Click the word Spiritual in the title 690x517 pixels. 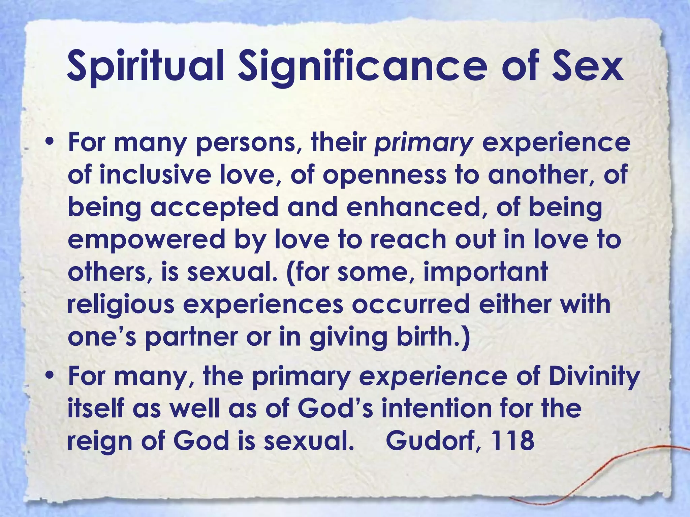click(145, 66)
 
